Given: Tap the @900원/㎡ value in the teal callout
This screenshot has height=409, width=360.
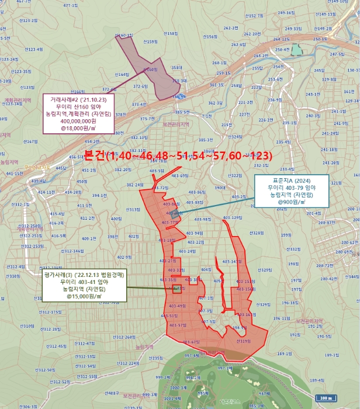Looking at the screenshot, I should pos(290,202).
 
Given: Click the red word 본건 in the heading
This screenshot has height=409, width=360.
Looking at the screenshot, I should pos(95,155).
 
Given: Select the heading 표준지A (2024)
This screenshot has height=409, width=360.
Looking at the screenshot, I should pos(290,179).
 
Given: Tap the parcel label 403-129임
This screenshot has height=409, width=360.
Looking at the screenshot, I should pos(233,218).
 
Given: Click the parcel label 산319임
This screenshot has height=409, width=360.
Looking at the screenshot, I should pos(244,341).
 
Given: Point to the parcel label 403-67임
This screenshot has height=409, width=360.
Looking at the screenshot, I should pos(191,342).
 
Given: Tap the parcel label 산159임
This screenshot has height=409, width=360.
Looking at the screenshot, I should pos(151,41).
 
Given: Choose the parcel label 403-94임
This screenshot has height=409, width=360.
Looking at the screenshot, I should pos(195,233).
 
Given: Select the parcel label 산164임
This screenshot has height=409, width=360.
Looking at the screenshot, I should pos(122,75).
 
